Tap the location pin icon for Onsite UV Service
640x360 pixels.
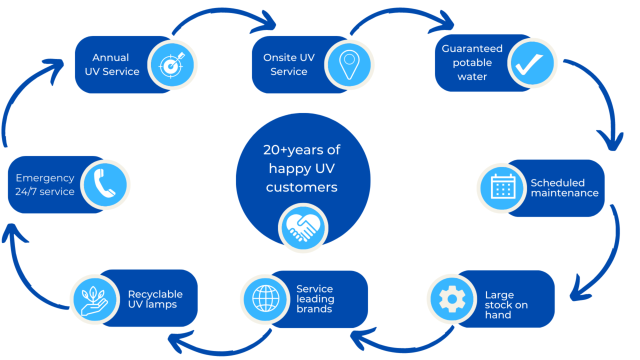click(x=348, y=65)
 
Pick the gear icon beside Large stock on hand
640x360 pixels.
click(x=452, y=298)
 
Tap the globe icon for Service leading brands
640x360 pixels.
click(x=266, y=298)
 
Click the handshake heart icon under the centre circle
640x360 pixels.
click(x=303, y=228)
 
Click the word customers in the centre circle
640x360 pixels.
click(x=301, y=187)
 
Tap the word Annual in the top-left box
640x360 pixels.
click(x=110, y=57)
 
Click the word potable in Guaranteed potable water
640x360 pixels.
click(x=472, y=63)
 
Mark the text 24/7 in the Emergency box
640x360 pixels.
click(x=23, y=191)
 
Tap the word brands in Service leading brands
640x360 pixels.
click(x=314, y=309)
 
